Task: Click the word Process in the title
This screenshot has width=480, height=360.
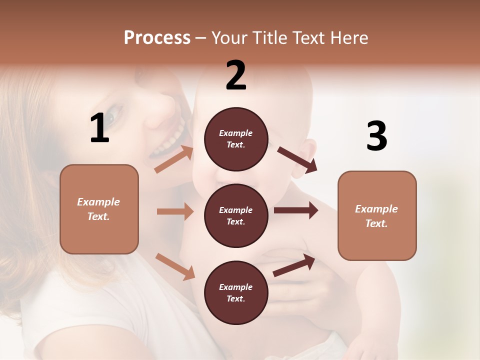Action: (x=157, y=38)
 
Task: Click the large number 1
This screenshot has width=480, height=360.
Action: (x=99, y=128)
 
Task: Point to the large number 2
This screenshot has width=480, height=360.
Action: (x=236, y=75)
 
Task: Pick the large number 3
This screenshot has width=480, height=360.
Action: (x=376, y=136)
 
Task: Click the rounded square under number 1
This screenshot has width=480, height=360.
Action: (x=99, y=209)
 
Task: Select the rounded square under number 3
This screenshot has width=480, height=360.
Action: (x=377, y=215)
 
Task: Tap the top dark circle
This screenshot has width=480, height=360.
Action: (x=236, y=139)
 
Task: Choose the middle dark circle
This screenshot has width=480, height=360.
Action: (x=236, y=215)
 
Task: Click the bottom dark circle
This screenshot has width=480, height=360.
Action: (x=236, y=292)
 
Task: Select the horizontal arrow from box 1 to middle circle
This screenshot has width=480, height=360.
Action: (x=175, y=211)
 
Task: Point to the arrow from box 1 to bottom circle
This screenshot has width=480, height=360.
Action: (x=175, y=266)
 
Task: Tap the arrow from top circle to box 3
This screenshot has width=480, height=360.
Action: (x=297, y=159)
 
